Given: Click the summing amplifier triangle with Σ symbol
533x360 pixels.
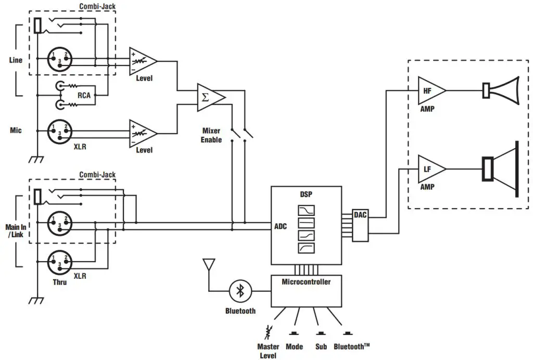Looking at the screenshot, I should click(x=209, y=97).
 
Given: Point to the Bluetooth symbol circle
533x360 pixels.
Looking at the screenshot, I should click(x=240, y=291).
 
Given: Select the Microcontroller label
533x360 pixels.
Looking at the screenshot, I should click(x=306, y=282).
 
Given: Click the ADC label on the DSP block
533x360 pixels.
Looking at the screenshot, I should click(x=281, y=226).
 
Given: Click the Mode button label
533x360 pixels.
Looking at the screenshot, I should click(x=295, y=346).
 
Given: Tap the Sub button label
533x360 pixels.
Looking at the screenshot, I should click(x=321, y=346).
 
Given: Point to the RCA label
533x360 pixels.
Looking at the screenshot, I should click(x=84, y=96).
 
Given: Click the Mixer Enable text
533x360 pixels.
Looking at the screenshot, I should click(x=211, y=135).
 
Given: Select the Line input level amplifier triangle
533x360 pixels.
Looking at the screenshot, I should click(x=142, y=61).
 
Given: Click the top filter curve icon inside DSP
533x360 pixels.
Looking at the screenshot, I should click(x=306, y=211).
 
